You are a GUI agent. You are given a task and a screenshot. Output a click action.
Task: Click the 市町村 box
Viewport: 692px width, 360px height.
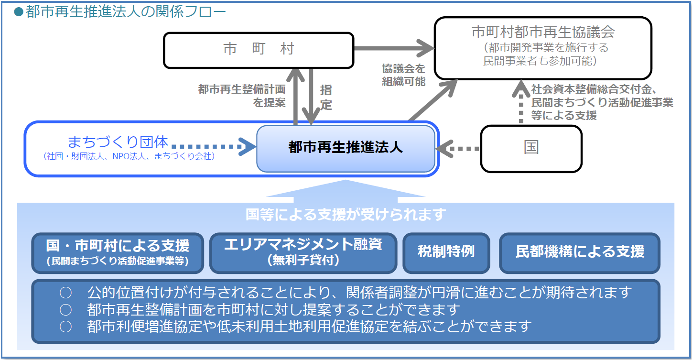259,50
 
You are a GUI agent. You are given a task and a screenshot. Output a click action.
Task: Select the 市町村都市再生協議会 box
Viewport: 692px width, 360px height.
543,48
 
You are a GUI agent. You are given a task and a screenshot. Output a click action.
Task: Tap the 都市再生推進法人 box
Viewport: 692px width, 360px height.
346,149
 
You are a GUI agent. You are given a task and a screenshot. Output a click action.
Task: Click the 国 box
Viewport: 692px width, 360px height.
531,149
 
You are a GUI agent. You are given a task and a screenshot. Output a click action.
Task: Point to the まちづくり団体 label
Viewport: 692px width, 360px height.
118,142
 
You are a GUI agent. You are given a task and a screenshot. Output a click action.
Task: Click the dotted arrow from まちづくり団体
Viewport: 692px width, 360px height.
214,146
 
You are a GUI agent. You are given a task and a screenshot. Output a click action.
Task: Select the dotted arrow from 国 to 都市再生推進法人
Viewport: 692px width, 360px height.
458,149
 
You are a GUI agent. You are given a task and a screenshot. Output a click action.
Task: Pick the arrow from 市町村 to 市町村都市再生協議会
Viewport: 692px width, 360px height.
394,48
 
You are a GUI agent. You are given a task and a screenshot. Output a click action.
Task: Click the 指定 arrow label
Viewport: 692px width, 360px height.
326,98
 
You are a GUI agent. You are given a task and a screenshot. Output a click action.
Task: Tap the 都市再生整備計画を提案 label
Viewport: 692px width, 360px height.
242,96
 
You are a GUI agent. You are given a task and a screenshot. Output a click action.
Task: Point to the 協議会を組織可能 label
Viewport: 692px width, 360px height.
403,75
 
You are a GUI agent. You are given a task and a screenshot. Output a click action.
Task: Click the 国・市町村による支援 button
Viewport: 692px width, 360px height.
118,253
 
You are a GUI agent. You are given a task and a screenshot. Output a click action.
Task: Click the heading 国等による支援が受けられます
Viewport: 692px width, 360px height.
346,215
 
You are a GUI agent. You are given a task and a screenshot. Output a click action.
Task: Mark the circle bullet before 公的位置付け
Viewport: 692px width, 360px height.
65,292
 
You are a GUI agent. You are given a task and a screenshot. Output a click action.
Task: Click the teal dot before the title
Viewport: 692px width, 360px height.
19,12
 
